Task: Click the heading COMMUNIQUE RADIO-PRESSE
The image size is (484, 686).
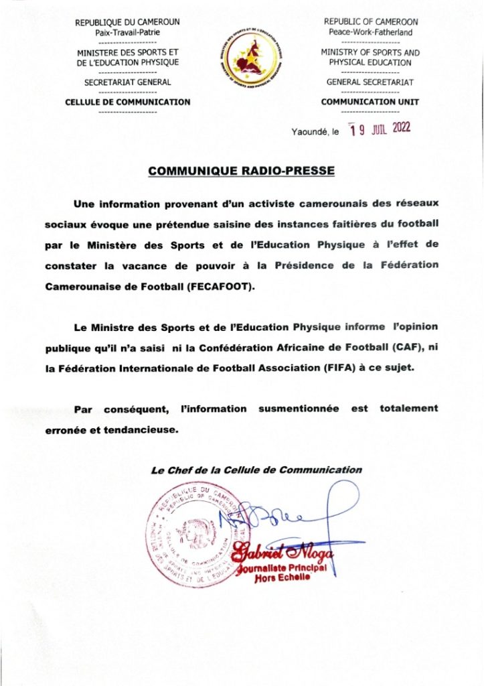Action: pyautogui.click(x=241, y=171)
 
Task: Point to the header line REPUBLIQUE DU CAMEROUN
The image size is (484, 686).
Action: pyautogui.click(x=127, y=22)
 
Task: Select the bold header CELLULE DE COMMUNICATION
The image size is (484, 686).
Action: pyautogui.click(x=127, y=102)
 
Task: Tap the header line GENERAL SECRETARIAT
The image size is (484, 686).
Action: pyautogui.click(x=370, y=82)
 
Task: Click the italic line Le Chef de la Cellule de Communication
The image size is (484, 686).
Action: pyautogui.click(x=256, y=470)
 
